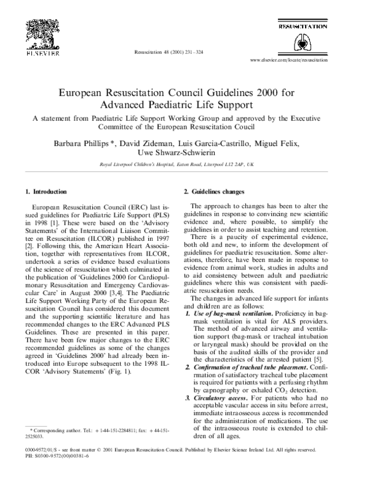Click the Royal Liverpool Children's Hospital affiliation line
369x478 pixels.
coord(184,166)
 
